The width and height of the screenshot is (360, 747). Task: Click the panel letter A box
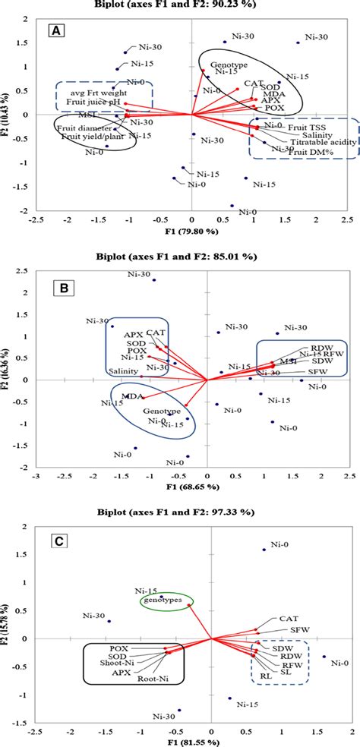point(56,31)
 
